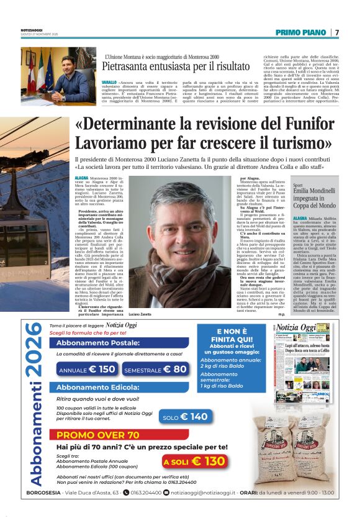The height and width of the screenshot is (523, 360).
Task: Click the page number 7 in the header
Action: [337, 32]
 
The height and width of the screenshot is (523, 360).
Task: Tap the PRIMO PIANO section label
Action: [301, 32]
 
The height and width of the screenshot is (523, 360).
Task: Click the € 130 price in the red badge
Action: [207, 461]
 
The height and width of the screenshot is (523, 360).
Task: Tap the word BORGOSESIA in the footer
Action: [43, 493]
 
